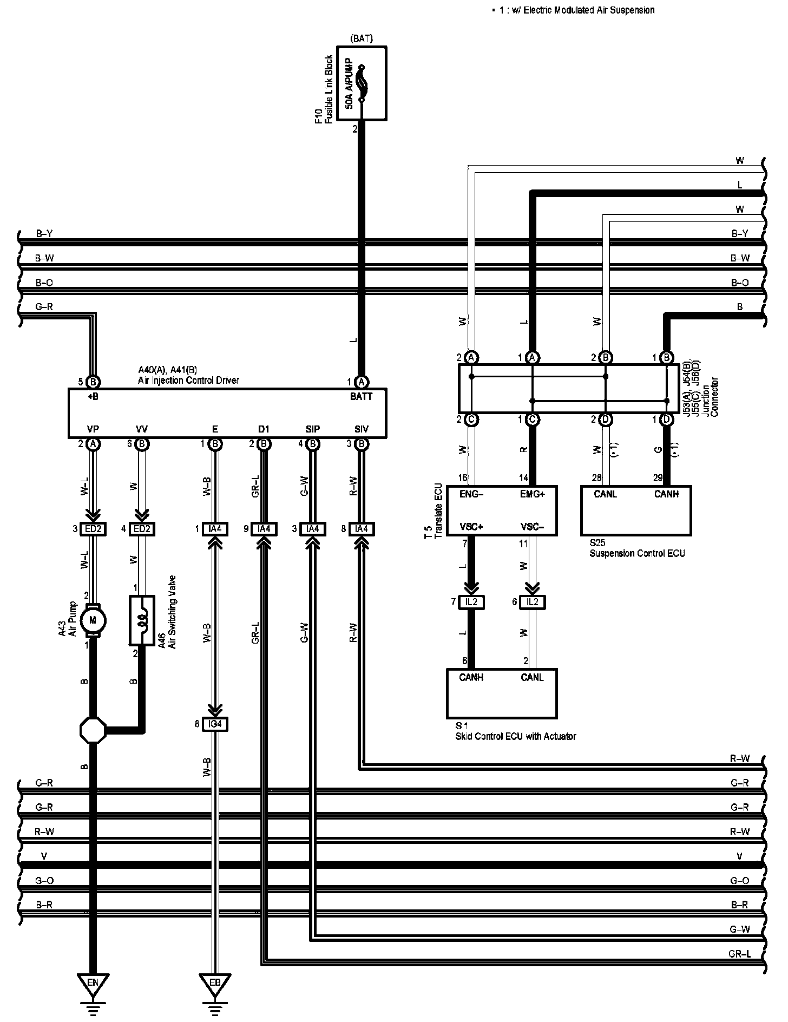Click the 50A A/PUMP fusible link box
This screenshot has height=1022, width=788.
(x=362, y=83)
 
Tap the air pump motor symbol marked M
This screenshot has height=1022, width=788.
(x=93, y=620)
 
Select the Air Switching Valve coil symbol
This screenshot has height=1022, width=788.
(x=142, y=620)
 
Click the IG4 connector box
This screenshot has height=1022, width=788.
(x=215, y=724)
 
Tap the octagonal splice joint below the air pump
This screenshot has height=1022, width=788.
(x=93, y=731)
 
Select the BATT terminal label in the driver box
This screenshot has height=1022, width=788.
(x=362, y=397)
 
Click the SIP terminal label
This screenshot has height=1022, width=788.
(x=313, y=429)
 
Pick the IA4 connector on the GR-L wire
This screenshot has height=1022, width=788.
(x=264, y=529)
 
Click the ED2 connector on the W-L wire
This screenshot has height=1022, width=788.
(x=93, y=529)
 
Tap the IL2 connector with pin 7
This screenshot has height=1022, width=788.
(x=471, y=602)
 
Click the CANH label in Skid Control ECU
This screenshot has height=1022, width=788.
(x=471, y=677)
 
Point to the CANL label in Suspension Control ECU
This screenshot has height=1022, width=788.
(x=605, y=494)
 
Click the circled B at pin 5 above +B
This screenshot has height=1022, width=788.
(x=93, y=382)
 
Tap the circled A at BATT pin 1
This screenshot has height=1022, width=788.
(x=362, y=382)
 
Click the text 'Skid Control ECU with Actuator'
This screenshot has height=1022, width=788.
(x=516, y=736)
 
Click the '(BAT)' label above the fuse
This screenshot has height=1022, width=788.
(x=362, y=38)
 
